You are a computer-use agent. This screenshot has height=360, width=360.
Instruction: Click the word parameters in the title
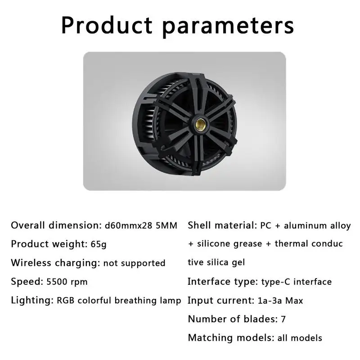[x=228, y=27]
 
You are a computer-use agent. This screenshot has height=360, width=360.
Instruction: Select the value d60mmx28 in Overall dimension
[x=129, y=226]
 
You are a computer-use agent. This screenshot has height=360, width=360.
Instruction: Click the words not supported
[x=134, y=263]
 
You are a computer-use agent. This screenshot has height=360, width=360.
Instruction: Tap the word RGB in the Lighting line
[x=66, y=301]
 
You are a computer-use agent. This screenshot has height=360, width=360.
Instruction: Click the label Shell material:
[x=222, y=225]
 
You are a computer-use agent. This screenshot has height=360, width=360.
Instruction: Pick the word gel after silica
[x=238, y=263]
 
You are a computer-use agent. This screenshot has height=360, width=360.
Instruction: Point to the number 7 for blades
[x=283, y=319]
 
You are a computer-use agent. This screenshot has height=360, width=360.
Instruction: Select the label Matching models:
[x=231, y=338]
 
